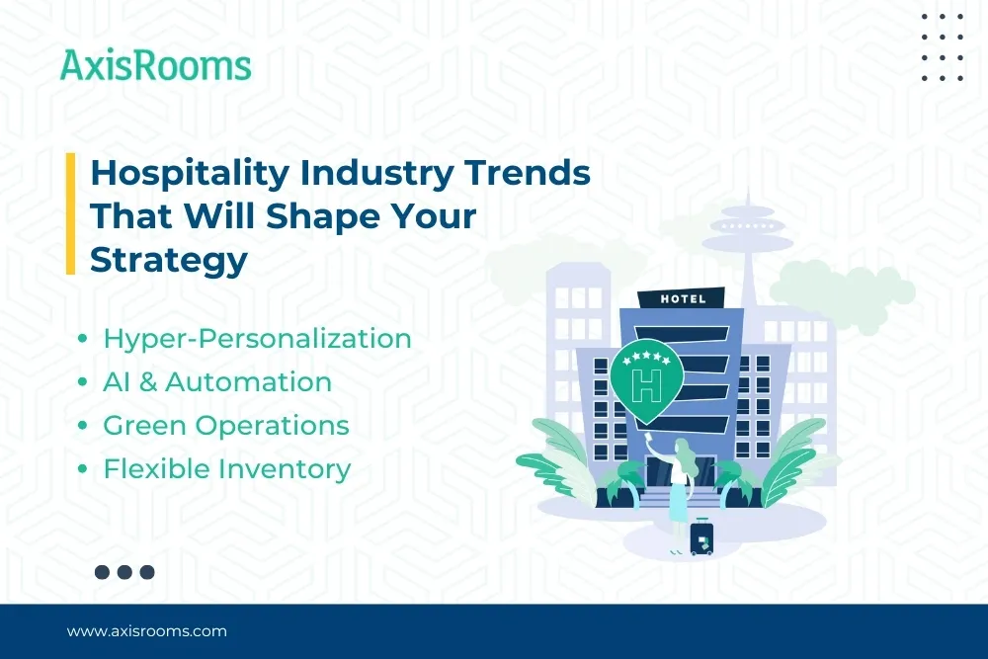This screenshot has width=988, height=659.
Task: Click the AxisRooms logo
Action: (x=155, y=65)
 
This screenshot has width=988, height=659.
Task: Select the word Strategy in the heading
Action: (x=168, y=259)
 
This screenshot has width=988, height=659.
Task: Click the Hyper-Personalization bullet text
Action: (x=257, y=339)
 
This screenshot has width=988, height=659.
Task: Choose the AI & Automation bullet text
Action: (x=217, y=382)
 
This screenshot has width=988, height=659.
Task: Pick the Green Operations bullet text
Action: (x=226, y=426)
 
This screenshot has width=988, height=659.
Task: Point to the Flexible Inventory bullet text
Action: (x=226, y=469)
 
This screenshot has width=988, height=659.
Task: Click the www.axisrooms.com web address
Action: (x=146, y=630)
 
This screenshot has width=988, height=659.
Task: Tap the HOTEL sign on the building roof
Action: (x=683, y=298)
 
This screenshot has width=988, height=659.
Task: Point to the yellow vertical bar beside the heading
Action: (x=70, y=214)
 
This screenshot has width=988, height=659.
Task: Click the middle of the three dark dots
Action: (x=124, y=571)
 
